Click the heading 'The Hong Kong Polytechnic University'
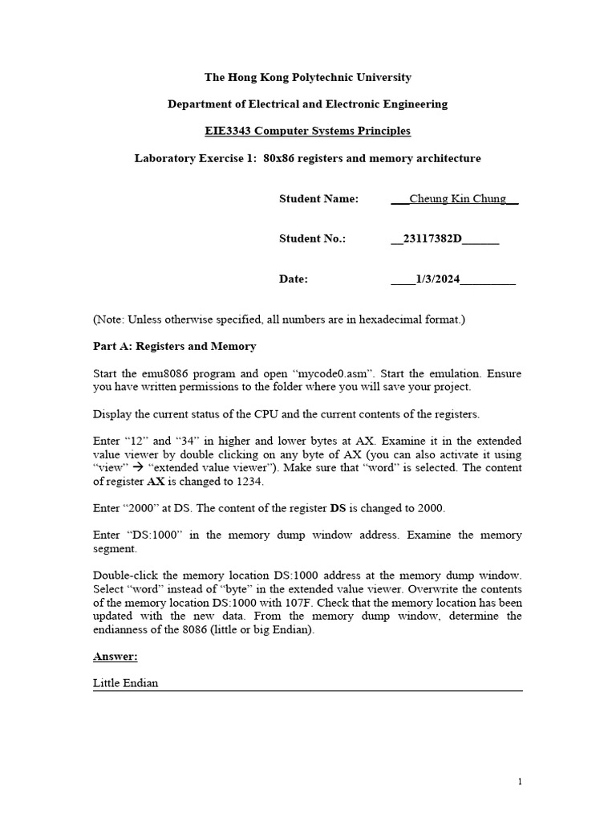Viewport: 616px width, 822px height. click(x=308, y=78)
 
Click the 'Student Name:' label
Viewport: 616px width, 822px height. click(x=318, y=199)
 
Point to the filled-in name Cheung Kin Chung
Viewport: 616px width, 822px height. click(x=457, y=199)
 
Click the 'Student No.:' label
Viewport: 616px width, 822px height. click(x=312, y=239)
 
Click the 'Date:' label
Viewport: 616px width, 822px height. click(x=294, y=279)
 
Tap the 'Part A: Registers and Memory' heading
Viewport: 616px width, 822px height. click(x=175, y=346)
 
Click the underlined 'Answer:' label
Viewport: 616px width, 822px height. click(x=115, y=657)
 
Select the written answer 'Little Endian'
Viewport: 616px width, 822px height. click(x=126, y=683)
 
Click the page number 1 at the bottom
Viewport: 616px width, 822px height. click(x=520, y=782)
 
